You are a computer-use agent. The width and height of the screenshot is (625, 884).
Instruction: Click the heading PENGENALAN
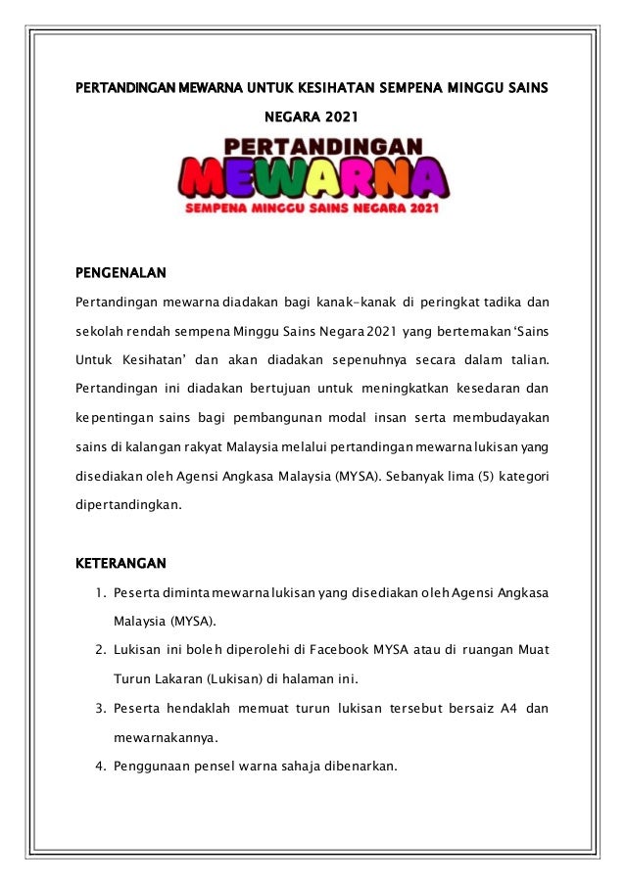click(x=121, y=271)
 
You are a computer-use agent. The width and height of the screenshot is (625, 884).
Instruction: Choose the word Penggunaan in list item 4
click(x=152, y=765)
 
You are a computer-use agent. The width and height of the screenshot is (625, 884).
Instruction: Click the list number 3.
click(x=101, y=707)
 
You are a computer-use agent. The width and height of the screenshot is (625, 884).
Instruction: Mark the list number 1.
click(x=101, y=592)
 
